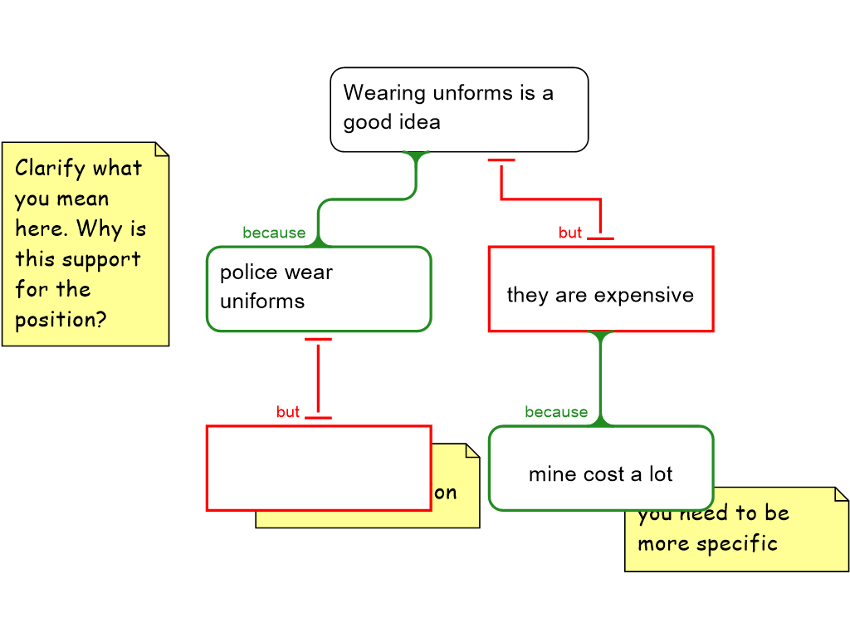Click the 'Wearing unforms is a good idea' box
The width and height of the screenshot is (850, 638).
coord(459,110)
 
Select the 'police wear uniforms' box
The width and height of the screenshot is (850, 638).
coord(319,289)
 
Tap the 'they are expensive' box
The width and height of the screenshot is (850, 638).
coord(600,289)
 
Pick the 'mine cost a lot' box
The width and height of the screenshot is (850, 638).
coord(600,469)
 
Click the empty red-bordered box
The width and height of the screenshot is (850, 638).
coord(319,469)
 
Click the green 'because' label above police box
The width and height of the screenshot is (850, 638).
coord(274,233)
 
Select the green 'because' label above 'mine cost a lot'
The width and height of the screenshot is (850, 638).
coord(556,413)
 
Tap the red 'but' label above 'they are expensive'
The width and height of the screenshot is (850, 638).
coord(570,233)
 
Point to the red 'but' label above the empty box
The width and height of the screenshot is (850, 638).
coord(288,413)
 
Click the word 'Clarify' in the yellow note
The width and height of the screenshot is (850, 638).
coord(50,169)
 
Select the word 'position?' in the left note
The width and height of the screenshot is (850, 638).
coord(61,320)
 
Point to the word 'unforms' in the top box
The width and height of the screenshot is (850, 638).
coord(473,93)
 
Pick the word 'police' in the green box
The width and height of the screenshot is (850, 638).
coord(247,272)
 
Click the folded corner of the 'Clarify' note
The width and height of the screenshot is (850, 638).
coord(162,149)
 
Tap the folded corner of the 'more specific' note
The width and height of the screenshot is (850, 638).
coord(841,494)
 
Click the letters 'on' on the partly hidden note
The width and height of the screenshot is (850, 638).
coord(446,493)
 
